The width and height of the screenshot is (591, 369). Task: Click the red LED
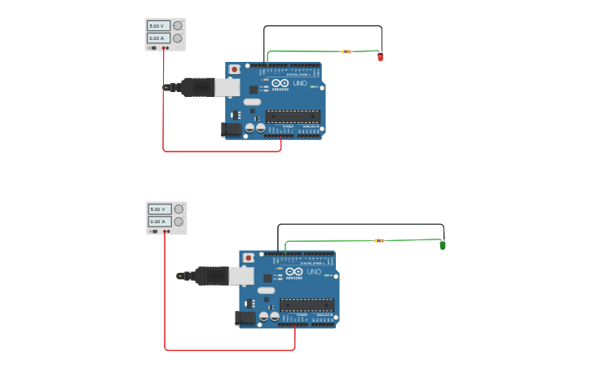[x=380, y=57]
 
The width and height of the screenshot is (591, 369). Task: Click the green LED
[x=443, y=244]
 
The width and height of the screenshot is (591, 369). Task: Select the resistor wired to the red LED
[x=346, y=51]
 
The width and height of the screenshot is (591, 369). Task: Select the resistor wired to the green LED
[x=379, y=240]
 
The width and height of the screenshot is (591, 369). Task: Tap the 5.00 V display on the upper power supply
[x=158, y=26]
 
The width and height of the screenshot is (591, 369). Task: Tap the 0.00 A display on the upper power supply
[x=158, y=38]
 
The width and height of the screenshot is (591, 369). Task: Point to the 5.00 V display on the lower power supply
[x=159, y=209]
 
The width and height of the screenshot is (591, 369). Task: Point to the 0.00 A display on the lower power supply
[x=159, y=222]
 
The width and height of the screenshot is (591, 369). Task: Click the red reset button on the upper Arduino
[x=235, y=70]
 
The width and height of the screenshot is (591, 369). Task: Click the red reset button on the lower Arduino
[x=249, y=258]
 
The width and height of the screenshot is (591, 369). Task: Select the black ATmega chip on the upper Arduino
[x=293, y=116]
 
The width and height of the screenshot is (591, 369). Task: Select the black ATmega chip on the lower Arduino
[x=307, y=305]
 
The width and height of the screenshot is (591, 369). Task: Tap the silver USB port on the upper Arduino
[x=227, y=87]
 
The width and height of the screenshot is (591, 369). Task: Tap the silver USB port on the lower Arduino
[x=241, y=276]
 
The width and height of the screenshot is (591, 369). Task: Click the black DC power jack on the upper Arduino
[x=232, y=129]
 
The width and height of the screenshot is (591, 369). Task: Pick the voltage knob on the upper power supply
[x=178, y=25]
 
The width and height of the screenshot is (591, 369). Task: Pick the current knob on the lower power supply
[x=179, y=222]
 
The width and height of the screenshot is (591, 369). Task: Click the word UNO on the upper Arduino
[x=299, y=83]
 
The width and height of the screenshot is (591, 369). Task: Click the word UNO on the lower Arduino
[x=313, y=272]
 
